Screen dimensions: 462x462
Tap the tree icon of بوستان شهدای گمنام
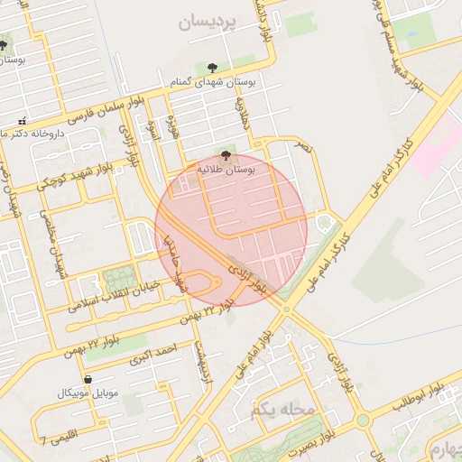tap(212, 68)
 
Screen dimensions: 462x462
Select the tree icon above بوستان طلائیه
tap(226, 155)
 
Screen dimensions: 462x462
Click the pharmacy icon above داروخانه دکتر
tap(22, 121)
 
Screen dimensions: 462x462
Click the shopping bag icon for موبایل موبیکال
tap(88, 379)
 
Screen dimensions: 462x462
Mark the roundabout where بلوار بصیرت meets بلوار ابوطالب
tap(363, 420)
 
